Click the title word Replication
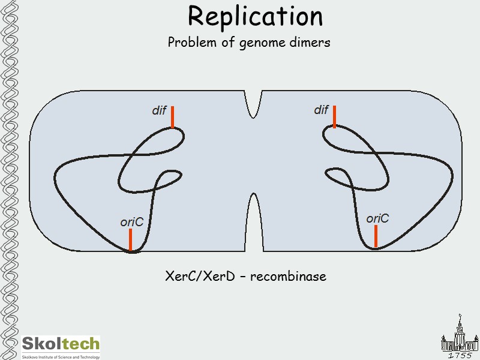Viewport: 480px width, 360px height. click(x=255, y=16)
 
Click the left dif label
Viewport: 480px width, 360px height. click(x=158, y=111)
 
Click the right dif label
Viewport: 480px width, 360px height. click(x=321, y=110)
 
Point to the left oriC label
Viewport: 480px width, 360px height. click(x=131, y=223)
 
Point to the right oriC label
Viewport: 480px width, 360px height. click(x=377, y=218)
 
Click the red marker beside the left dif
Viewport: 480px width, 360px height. click(x=172, y=117)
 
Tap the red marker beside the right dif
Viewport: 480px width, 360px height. click(x=334, y=116)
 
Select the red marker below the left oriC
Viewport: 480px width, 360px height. click(x=130, y=240)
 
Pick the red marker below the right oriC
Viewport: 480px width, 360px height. click(x=376, y=236)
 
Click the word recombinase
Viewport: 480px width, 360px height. click(x=288, y=277)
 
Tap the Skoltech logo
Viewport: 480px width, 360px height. click(x=61, y=344)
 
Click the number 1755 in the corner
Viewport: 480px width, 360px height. click(x=460, y=355)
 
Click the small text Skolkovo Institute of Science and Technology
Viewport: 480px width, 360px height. click(x=61, y=356)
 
